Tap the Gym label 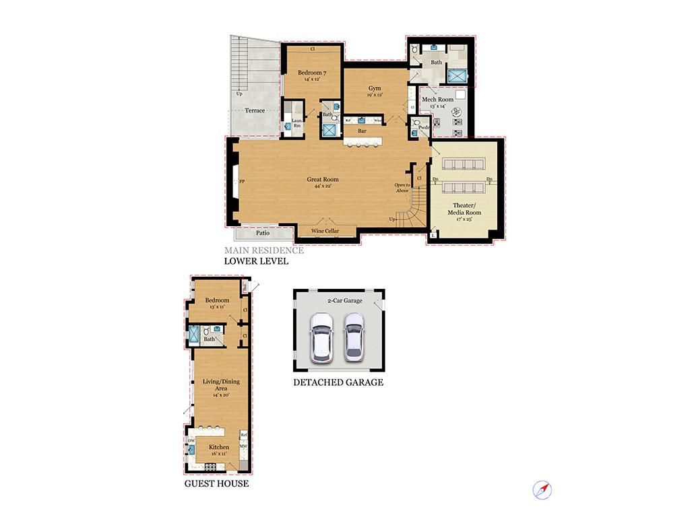click(x=375, y=89)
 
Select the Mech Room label click(x=437, y=100)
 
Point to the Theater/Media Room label click(x=465, y=209)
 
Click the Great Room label click(x=323, y=180)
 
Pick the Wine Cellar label click(x=325, y=232)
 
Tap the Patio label click(x=263, y=234)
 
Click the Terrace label click(x=255, y=110)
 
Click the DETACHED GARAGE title click(x=338, y=382)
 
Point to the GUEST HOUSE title click(x=216, y=483)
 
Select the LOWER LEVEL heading click(x=256, y=261)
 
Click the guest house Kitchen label click(x=219, y=447)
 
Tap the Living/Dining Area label click(x=221, y=384)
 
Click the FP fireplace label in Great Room click(x=241, y=182)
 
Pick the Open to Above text click(x=402, y=187)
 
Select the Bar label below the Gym click(x=362, y=131)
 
